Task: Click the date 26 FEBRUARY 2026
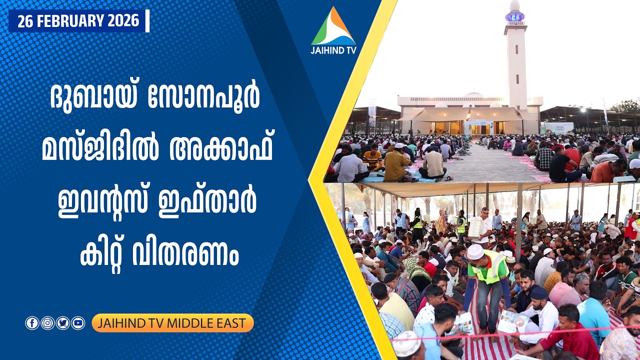(x=78, y=21)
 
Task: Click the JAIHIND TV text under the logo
(x=333, y=50)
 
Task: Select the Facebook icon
(x=32, y=323)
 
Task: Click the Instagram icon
(x=47, y=323)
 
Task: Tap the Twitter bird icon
(x=62, y=323)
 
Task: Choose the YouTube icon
(x=78, y=323)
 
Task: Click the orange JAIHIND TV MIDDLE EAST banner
(x=172, y=323)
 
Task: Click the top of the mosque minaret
(x=515, y=6)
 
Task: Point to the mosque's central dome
(x=473, y=94)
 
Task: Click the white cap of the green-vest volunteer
(x=475, y=251)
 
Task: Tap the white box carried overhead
(x=475, y=227)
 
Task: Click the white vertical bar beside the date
(x=147, y=21)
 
